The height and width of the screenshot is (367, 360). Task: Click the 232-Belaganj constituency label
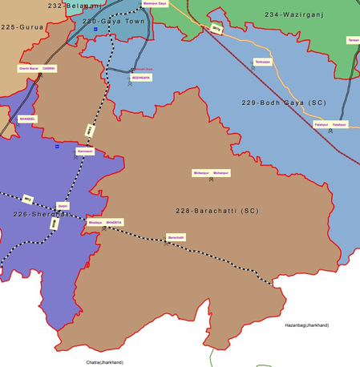pyautogui.click(x=75, y=6)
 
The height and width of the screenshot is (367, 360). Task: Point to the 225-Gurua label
pyautogui.click(x=22, y=27)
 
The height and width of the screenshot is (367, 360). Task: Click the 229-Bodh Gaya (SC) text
pyautogui.click(x=284, y=103)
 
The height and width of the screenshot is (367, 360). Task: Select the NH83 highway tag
pyautogui.click(x=90, y=129)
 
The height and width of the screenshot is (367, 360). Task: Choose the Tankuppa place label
pyautogui.click(x=261, y=61)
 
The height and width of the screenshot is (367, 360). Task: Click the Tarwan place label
pyautogui.click(x=353, y=39)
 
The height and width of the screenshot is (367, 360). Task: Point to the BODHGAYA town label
pyautogui.click(x=140, y=78)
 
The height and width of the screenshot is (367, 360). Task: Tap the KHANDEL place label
pyautogui.click(x=28, y=119)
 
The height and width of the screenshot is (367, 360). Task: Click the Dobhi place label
pyautogui.click(x=63, y=206)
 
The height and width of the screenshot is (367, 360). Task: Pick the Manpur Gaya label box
pyautogui.click(x=156, y=4)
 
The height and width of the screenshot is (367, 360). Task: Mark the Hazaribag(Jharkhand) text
pyautogui.click(x=306, y=325)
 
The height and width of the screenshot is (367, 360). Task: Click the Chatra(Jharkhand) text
pyautogui.click(x=104, y=362)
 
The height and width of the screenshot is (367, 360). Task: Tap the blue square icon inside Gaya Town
pyautogui.click(x=95, y=30)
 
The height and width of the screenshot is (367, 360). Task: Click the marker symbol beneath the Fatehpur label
pyautogui.click(x=330, y=131)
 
